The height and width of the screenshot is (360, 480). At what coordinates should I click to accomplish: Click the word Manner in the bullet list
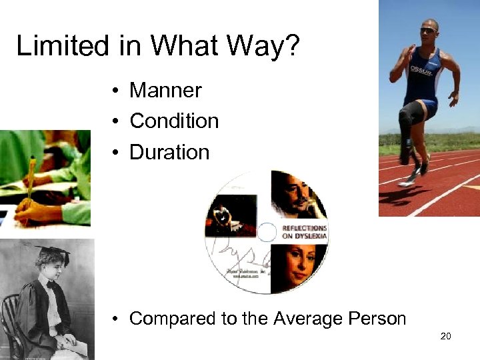[165, 89]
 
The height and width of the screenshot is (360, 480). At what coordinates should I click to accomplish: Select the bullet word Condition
[174, 121]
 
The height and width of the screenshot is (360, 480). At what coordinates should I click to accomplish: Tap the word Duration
[169, 152]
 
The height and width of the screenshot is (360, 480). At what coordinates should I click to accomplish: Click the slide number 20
[446, 336]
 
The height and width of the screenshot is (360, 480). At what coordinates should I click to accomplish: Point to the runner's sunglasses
[427, 31]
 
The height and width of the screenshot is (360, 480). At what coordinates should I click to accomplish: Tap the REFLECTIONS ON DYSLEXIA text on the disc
[304, 232]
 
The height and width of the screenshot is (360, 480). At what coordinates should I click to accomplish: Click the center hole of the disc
[266, 232]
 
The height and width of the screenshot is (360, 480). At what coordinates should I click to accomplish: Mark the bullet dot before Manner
[116, 90]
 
